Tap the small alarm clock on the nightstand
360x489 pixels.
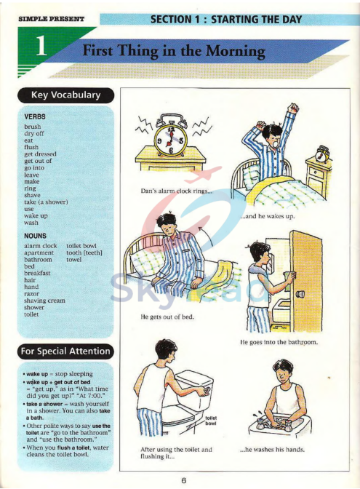point(321,154)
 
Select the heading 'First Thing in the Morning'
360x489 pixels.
point(173,52)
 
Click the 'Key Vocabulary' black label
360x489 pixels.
point(65,95)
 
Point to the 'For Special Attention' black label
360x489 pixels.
point(65,351)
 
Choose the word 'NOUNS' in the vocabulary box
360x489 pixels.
point(36,236)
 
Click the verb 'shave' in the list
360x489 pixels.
point(33,194)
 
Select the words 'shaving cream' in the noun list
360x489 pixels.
point(44,300)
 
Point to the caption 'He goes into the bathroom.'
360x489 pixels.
point(279,342)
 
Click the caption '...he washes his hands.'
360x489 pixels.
point(272,450)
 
